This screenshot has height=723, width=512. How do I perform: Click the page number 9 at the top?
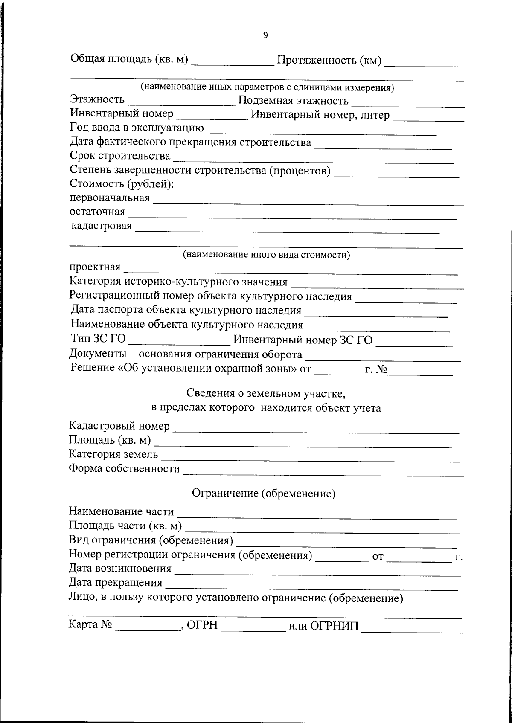coord(265,35)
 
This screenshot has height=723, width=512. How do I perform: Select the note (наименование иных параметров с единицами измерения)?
coord(268,88)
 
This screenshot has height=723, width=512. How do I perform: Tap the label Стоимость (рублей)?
coord(122,184)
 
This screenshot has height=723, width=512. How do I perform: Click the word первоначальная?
coord(110,198)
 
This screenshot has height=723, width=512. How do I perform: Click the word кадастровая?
coord(102,226)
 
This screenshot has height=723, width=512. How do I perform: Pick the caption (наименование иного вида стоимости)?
coord(267,255)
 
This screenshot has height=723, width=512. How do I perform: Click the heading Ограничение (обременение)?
coord(263,494)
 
